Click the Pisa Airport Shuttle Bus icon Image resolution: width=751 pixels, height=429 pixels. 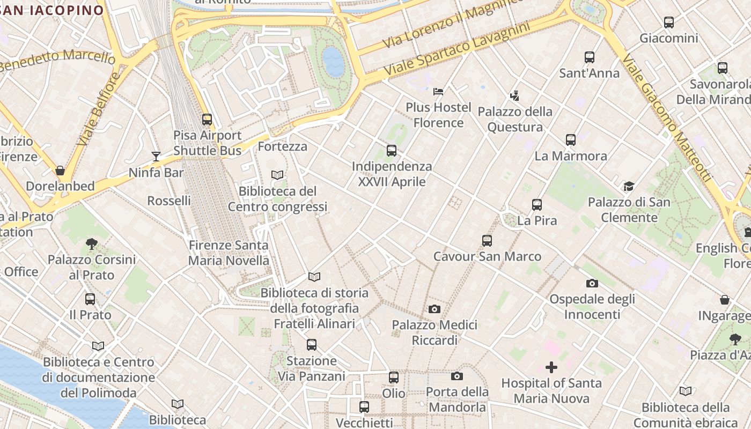pos(207,120)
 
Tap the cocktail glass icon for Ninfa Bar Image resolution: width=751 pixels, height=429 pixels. pos(156,157)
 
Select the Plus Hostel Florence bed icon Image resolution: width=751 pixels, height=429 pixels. pos(438,91)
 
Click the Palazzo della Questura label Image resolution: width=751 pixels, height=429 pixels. pos(515,120)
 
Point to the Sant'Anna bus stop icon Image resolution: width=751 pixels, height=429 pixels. pos(590,57)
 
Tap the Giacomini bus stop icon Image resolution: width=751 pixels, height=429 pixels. pos(669,23)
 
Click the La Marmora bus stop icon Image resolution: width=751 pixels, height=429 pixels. pos(571,140)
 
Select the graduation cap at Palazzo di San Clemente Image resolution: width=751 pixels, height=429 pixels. pos(629,186)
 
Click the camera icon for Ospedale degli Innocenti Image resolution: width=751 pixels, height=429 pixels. pos(592,283)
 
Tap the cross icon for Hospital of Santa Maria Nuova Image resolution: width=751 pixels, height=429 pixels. pos(551,367)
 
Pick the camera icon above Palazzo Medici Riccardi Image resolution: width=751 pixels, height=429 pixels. pos(435,309)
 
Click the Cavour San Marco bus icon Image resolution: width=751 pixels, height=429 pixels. pos(487,241)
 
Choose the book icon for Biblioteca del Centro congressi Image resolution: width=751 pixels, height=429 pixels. pos(277,175)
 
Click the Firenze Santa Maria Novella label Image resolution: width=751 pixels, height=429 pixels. pos(229,253)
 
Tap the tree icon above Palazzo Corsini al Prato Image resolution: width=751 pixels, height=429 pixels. pos(92,244)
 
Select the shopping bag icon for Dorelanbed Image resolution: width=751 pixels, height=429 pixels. pos(60,171)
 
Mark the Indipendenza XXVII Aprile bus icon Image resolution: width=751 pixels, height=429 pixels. pos(392,151)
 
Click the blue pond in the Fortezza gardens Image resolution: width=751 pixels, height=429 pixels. pos(333,61)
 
